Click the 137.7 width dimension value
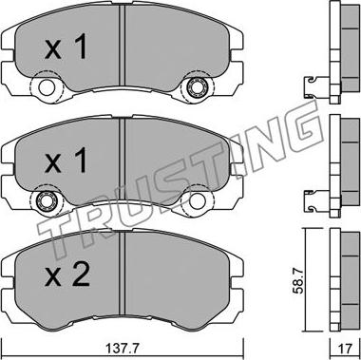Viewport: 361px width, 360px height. [x=122, y=350]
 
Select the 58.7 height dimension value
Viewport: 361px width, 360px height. [x=298, y=280]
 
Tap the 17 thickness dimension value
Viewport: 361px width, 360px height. [x=345, y=350]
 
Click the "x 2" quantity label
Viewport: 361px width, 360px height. [x=66, y=275]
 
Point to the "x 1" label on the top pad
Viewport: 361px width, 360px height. [x=66, y=47]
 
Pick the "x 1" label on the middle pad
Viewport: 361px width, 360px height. [x=66, y=161]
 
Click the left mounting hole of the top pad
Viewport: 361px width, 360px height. [x=47, y=87]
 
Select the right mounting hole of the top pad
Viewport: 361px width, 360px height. [x=195, y=87]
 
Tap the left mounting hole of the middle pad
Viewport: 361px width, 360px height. [x=47, y=201]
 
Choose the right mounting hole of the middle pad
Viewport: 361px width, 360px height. [x=197, y=201]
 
